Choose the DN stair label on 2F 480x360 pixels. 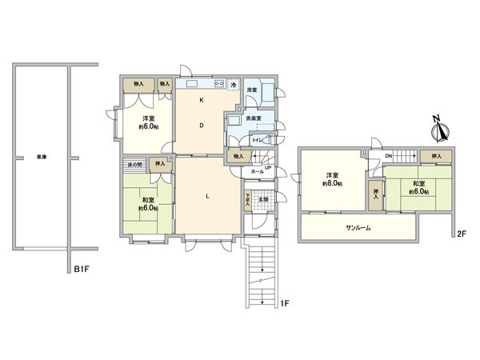pos(388,156)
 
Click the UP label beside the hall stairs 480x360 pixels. pos(268,166)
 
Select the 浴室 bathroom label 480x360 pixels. pos(251,90)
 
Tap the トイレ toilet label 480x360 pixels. pos(258,141)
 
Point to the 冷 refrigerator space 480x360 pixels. pos(234,86)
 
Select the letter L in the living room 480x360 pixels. pos(207,197)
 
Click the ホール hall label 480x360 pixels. pos(258,171)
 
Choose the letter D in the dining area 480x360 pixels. pos(202,125)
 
